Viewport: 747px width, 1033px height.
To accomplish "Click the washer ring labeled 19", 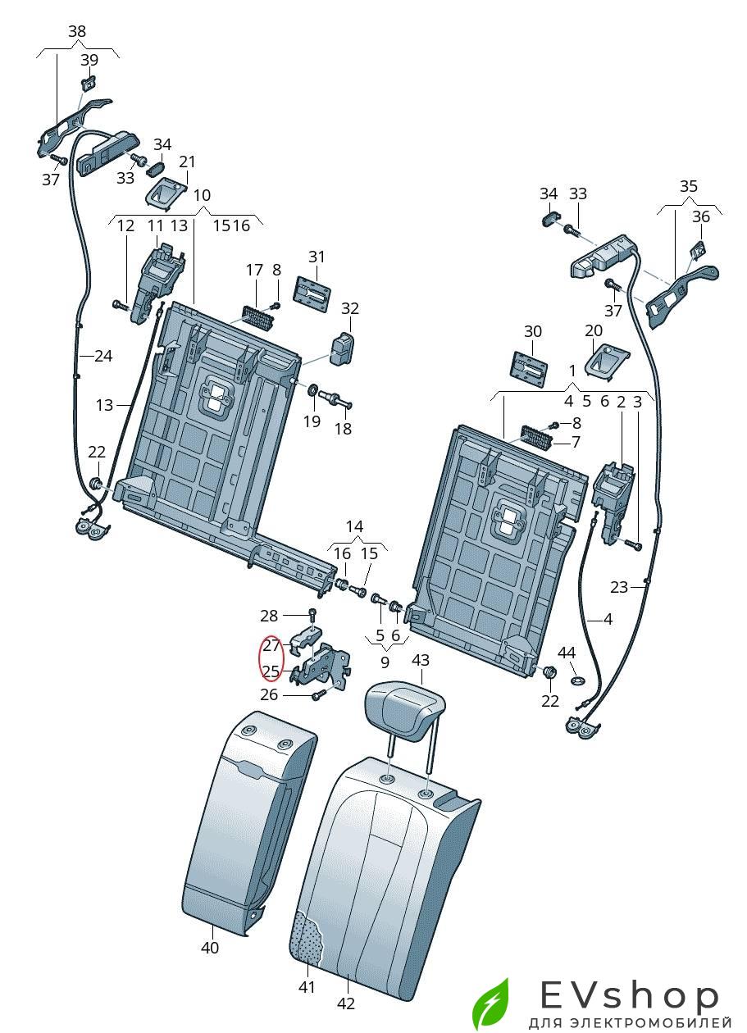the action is tap(312, 390).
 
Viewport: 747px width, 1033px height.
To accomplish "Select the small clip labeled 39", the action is tap(89, 84).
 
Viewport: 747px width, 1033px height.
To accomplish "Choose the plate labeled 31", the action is tap(313, 294).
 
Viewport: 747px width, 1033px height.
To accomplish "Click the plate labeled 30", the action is tap(530, 367).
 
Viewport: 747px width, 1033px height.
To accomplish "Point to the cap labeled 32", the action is tap(342, 349).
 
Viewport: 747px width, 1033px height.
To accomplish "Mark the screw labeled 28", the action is tap(312, 615).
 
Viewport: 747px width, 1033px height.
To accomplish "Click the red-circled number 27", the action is tap(271, 645).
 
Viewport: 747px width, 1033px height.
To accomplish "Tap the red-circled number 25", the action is tap(271, 671).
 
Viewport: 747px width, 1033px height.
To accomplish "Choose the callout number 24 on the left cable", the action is tap(104, 356).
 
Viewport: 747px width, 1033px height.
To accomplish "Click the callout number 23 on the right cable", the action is tap(619, 587).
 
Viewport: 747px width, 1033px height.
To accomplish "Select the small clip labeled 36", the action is tap(698, 249).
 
